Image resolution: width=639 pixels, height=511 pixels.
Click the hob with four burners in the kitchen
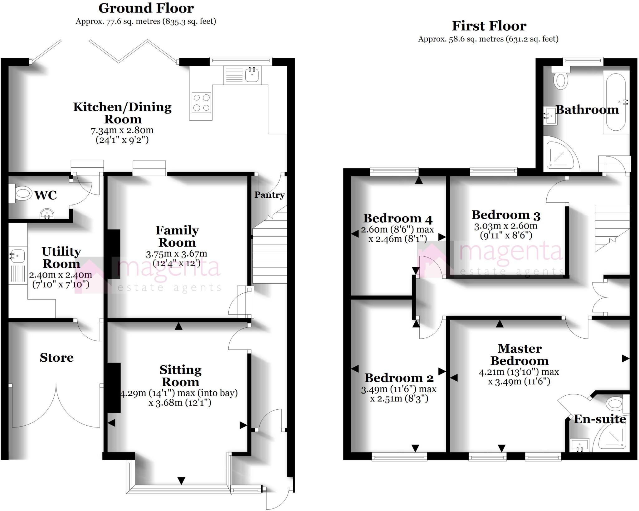[202, 102]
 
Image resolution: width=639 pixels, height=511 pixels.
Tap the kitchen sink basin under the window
[252, 75]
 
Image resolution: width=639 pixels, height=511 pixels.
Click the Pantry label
[270, 195]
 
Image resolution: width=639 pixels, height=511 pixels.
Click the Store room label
[57, 358]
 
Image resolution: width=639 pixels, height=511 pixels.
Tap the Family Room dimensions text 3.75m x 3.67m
[177, 254]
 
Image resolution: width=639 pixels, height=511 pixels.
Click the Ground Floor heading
[146, 8]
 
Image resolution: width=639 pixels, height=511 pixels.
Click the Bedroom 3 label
[506, 215]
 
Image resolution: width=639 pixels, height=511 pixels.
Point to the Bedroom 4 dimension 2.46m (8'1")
[398, 239]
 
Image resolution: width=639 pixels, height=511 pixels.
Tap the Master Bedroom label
[519, 354]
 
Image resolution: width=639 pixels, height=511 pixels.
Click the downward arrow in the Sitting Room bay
[181, 481]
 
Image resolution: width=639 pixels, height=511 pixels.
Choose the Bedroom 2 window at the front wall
[399, 458]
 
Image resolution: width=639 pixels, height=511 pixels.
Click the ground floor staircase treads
[270, 256]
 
